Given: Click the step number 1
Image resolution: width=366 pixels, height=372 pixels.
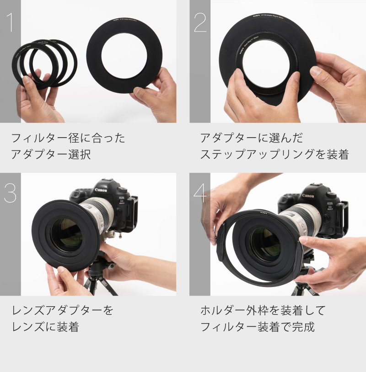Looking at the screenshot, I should tap(11, 23).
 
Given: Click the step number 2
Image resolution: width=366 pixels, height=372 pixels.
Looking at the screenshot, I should tap(200, 23).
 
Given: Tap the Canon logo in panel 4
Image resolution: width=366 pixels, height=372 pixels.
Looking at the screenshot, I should tap(308, 196).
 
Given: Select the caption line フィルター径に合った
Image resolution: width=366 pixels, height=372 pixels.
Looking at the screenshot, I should tap(68, 138).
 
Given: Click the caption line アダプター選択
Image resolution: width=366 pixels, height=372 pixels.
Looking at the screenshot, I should tap(51, 154).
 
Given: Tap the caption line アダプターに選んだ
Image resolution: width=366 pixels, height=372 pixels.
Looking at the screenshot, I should tap(251, 138).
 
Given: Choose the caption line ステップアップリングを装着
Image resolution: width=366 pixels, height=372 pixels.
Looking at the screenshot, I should tap(274, 154).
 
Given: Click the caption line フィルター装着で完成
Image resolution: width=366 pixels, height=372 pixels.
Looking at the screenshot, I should tap(258, 327).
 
